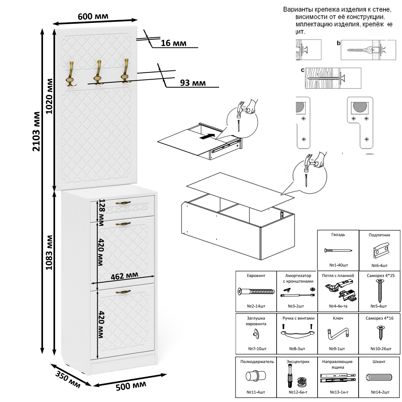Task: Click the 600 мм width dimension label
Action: [x=93, y=16]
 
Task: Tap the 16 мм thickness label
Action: [x=173, y=43]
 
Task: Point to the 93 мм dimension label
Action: [x=193, y=83]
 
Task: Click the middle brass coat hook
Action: [x=98, y=72]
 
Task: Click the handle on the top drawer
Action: [x=123, y=203]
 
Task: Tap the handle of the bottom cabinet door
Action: [x=123, y=292]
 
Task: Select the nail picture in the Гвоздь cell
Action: [x=338, y=250]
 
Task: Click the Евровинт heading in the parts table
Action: [x=255, y=276]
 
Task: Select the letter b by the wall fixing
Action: [x=338, y=43]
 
